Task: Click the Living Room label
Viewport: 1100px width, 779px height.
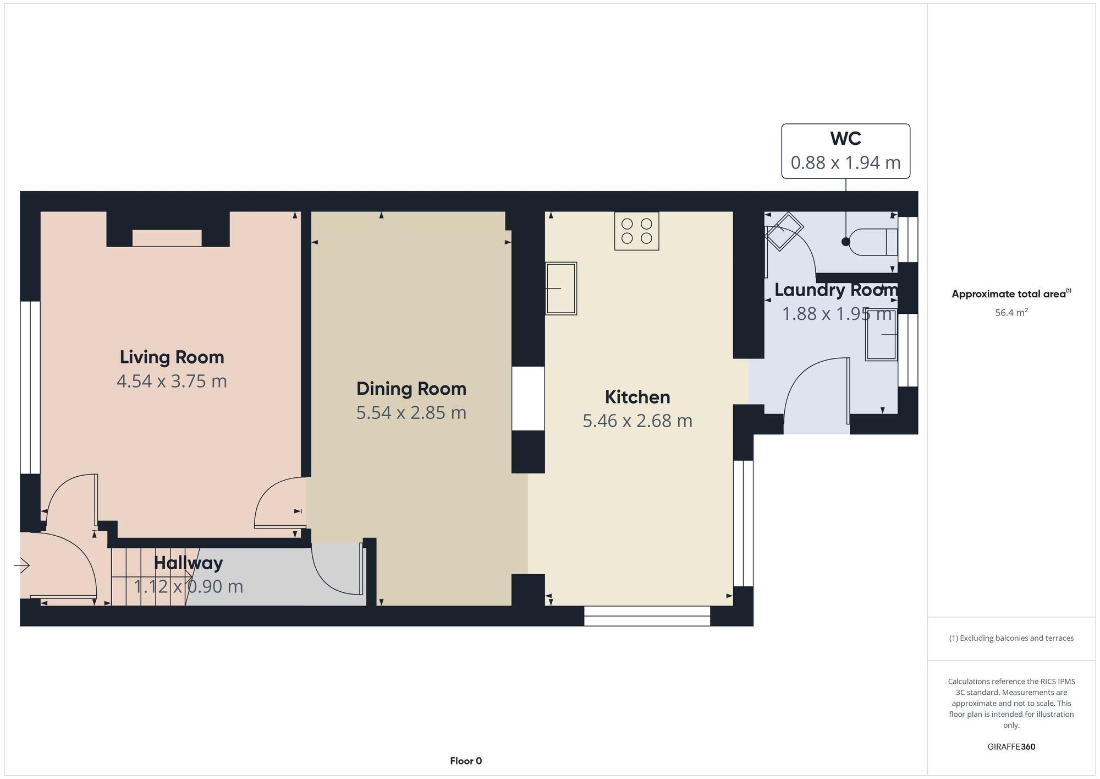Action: coord(172,357)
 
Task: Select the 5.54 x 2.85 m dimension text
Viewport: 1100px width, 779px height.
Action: coord(411,413)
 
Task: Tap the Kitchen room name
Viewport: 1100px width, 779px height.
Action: coord(637,397)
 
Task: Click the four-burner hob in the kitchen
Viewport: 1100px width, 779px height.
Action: coord(636,231)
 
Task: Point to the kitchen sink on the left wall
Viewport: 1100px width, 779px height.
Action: coord(560,288)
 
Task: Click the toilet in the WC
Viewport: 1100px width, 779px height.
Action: coord(872,242)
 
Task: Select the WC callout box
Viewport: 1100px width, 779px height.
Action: coord(845,151)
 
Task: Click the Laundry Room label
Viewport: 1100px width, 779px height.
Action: coord(835,290)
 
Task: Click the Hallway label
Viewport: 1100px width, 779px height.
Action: coord(188,563)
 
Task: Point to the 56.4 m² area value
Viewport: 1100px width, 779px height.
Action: coord(1011,313)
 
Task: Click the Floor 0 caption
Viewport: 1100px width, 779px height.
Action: coord(466,761)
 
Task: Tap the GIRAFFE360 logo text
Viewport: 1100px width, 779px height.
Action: coord(1011,747)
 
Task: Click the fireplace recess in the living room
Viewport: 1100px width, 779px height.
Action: coord(167,238)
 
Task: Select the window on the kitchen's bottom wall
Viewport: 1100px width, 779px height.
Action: coord(647,616)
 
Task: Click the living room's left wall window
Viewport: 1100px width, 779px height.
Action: coord(30,387)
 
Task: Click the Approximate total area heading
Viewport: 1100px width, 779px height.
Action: coord(1011,294)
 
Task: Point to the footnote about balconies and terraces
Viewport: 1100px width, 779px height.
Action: coord(1011,638)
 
